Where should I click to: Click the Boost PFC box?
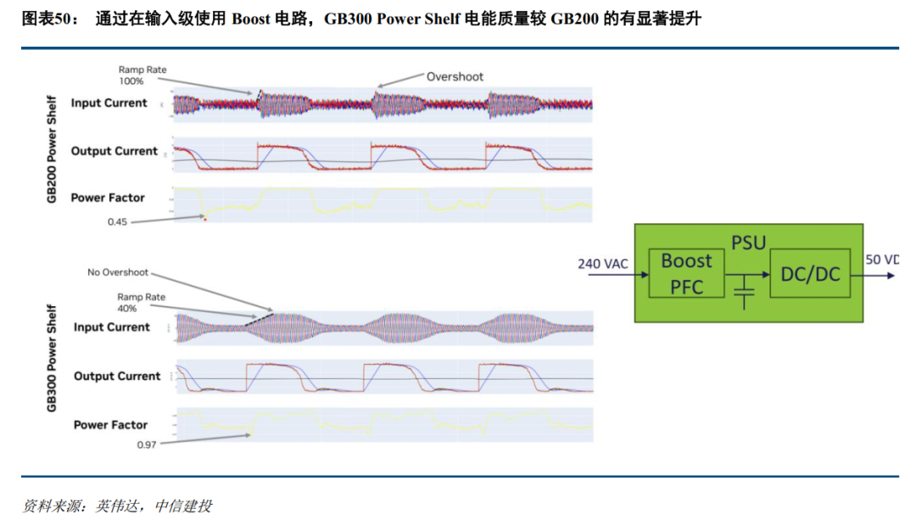tap(686, 273)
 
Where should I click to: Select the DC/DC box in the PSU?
tap(809, 273)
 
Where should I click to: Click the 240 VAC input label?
tap(603, 264)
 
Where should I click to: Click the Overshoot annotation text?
tap(455, 76)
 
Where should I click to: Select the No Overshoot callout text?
tap(118, 272)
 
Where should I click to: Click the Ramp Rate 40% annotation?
tap(141, 303)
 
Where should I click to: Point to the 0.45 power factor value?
tap(117, 221)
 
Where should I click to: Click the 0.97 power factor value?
tap(147, 444)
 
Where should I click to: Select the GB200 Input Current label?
tap(109, 103)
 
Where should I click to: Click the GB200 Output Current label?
tap(114, 151)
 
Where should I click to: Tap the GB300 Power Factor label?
tap(110, 425)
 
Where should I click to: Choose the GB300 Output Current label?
tap(116, 376)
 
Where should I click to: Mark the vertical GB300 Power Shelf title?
tap(52, 358)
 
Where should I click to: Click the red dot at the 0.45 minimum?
tap(204, 219)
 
